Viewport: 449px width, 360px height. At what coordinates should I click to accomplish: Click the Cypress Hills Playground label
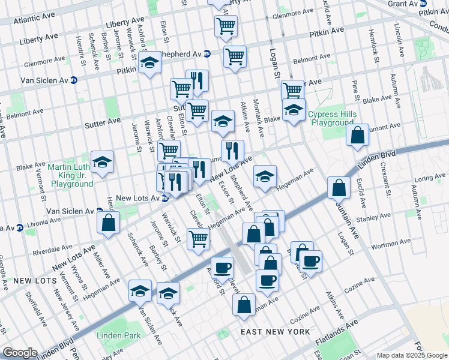[x=331, y=118]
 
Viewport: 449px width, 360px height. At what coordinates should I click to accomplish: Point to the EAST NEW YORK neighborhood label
[x=274, y=332]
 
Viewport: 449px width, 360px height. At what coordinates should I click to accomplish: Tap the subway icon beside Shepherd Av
[x=206, y=53]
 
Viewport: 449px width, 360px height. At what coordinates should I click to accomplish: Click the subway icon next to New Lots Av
[x=164, y=199]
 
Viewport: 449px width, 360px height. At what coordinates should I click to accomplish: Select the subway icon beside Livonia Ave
[x=19, y=227]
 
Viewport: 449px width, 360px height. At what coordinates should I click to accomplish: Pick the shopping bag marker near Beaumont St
[x=357, y=136]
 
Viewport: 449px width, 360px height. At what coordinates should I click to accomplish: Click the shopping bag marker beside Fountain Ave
[x=339, y=187]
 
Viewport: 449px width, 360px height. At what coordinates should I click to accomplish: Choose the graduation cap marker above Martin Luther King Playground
[x=103, y=162]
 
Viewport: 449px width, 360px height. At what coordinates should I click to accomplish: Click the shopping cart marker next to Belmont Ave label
[x=235, y=57]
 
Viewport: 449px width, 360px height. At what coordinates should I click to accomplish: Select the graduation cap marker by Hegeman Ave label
[x=265, y=176]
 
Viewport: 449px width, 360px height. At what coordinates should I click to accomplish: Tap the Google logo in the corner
[x=20, y=353]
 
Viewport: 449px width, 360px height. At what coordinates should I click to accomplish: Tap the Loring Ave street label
[x=430, y=178]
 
